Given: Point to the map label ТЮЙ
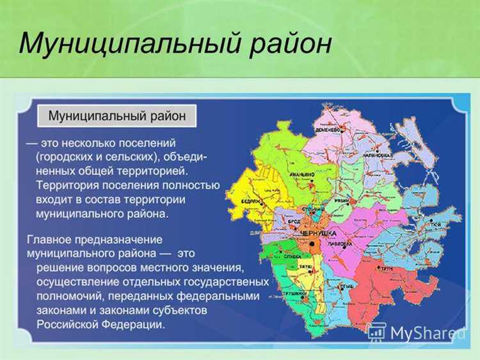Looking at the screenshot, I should [435, 225].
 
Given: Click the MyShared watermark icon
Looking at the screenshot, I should [376, 332].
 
